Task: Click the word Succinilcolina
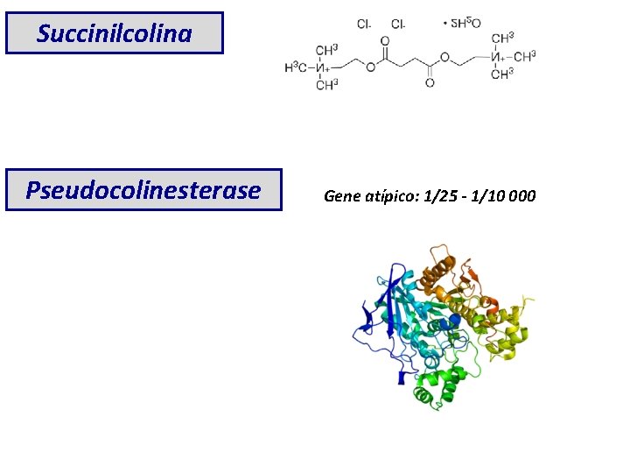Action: tap(115, 34)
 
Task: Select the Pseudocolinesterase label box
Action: tap(143, 190)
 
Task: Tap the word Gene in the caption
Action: tap(341, 195)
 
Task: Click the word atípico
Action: tap(390, 195)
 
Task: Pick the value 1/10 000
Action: tap(508, 195)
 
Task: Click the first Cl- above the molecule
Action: tap(364, 24)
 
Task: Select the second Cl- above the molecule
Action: tap(398, 24)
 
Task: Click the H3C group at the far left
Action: tap(298, 67)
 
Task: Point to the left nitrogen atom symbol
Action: tap(324, 67)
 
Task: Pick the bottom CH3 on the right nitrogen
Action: tap(502, 74)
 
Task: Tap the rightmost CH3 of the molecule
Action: tap(525, 58)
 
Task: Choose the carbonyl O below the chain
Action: tap(430, 84)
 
